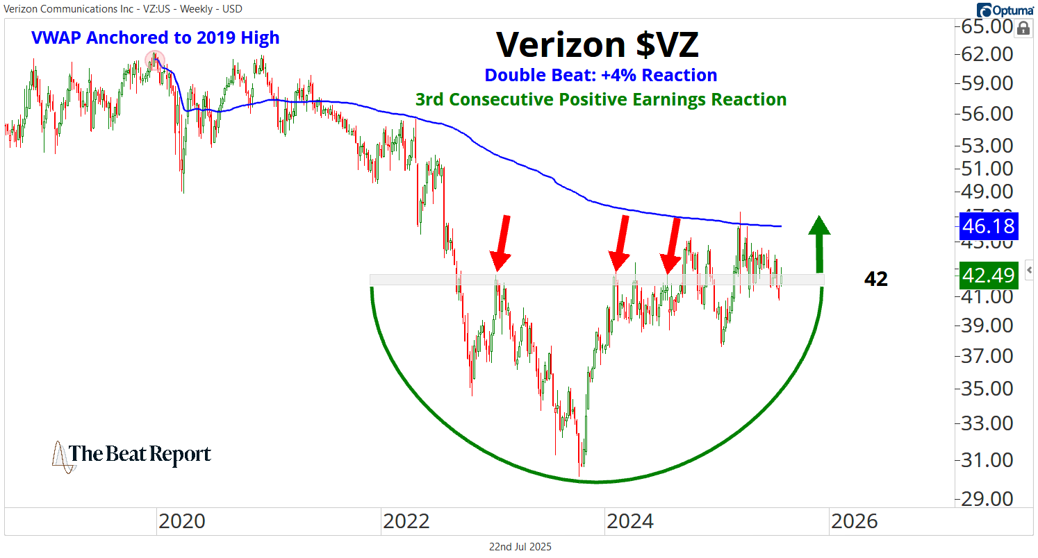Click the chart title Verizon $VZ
tap(598, 45)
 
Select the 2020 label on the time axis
tap(181, 521)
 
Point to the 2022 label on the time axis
tap(405, 521)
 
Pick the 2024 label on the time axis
tap(629, 521)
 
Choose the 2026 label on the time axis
tap(855, 521)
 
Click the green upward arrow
tap(821, 243)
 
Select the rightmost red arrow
tap(672, 245)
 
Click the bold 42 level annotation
tap(875, 279)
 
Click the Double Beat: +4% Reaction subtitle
tap(600, 75)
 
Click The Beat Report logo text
tap(140, 455)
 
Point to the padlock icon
tap(1023, 28)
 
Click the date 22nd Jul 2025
tap(520, 547)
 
